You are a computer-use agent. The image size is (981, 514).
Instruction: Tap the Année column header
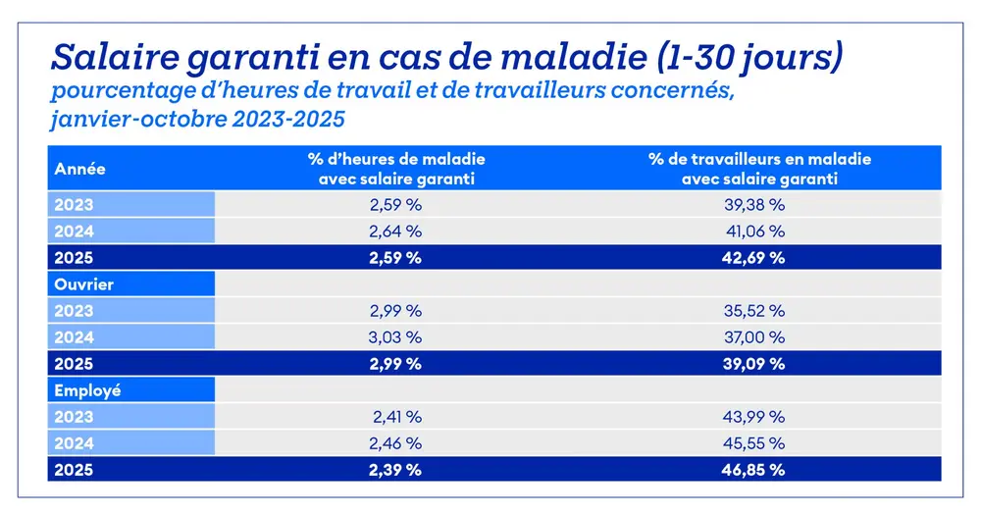[80, 169]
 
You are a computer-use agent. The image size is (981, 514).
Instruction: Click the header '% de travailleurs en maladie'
[760, 158]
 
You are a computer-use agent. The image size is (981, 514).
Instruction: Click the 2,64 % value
[396, 231]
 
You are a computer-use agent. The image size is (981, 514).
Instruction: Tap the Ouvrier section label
[85, 284]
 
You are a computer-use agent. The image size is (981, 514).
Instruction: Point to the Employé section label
[88, 390]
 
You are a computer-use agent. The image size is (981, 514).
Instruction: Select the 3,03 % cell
[396, 337]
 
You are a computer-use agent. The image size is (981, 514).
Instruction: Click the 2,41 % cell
[396, 417]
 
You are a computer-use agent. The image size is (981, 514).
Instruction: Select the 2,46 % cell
[396, 443]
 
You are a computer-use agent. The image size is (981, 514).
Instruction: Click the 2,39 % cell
[396, 470]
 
